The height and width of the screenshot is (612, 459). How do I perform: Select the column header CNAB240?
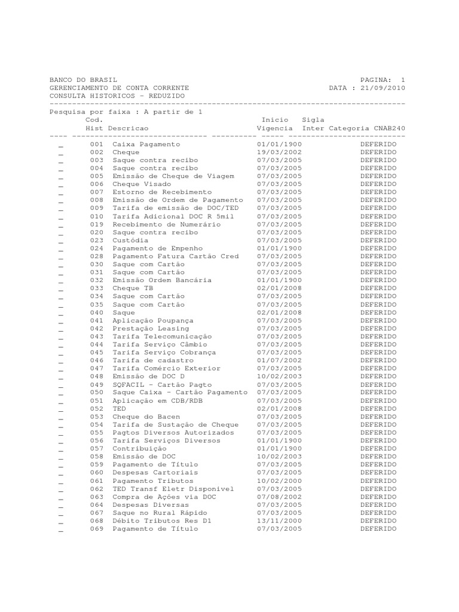point(390,128)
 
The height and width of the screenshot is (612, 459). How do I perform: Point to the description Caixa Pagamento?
point(146,145)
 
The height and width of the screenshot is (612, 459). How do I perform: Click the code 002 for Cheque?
point(97,152)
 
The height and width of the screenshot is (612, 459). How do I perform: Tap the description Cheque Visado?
point(142,184)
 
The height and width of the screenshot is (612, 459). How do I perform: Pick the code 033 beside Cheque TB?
point(97,288)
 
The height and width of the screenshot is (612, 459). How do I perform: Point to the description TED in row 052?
point(119,408)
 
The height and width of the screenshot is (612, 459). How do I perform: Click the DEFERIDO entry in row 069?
point(378,529)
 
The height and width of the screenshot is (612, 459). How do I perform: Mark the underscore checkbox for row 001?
point(61,146)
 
